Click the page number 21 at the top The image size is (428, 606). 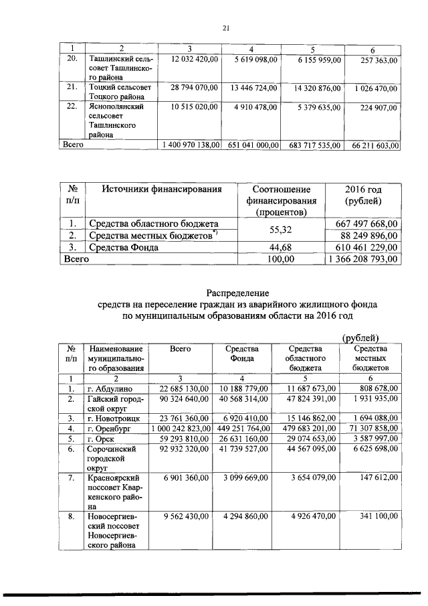click(225, 27)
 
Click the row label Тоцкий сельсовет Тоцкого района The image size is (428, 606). click(120, 92)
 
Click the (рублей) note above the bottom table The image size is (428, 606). click(360, 337)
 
